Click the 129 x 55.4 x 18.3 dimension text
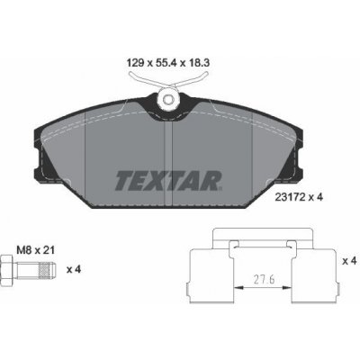click(x=168, y=63)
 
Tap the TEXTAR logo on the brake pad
click(x=168, y=181)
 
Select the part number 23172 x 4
click(x=299, y=197)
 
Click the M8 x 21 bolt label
click(x=35, y=250)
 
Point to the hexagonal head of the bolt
click(x=7, y=270)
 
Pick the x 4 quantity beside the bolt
click(x=74, y=269)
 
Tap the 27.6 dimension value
click(x=265, y=280)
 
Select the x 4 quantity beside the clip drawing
click(x=349, y=261)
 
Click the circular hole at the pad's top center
click(x=167, y=99)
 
